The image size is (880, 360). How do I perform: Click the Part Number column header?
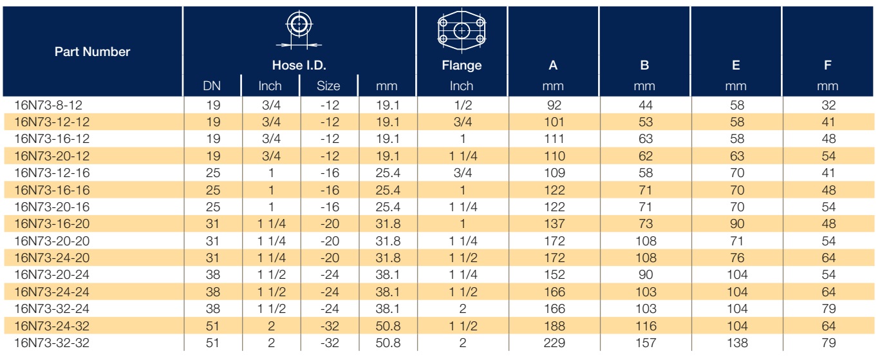pos(92,52)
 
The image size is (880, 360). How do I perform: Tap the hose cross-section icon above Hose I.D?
pos(299,30)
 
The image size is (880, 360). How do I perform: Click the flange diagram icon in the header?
pos(462,31)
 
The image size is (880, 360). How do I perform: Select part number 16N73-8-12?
pos(48,106)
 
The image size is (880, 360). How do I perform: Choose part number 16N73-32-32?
pos(52,343)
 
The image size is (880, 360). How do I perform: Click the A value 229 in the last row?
pos(554,343)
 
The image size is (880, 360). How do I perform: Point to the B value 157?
pos(646,343)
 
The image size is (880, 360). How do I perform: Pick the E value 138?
pos(737,343)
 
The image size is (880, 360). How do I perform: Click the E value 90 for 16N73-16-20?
pos(737,224)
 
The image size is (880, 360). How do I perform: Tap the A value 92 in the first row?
pos(554,106)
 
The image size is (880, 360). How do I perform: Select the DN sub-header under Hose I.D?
pos(212,86)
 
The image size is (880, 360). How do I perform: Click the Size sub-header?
pos(328,86)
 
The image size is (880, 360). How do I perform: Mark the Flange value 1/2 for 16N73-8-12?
pos(462,106)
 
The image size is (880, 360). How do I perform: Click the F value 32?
pos(829,106)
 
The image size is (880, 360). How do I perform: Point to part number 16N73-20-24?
pos(52,275)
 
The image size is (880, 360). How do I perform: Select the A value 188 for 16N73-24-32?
pos(554,327)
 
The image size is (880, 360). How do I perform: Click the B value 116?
pos(646,327)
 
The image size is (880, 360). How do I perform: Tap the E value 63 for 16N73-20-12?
pos(737,156)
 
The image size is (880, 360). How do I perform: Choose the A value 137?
pos(554,224)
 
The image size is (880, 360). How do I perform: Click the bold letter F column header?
pos(827,65)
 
